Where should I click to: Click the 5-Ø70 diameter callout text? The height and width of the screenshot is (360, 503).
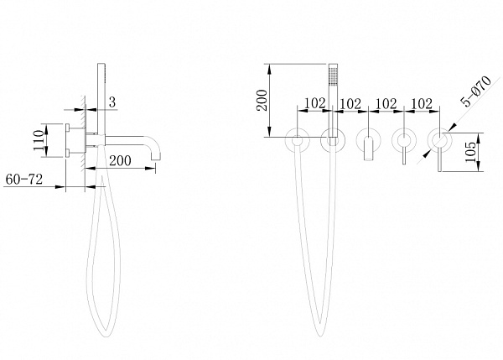coord(476,91)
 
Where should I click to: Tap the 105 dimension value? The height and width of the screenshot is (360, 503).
coord(470,152)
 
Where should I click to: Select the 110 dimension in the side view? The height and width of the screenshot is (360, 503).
coord(39,140)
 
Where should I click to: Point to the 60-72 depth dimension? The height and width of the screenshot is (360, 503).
coord(24,180)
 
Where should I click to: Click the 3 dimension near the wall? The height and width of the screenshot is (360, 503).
coord(112,102)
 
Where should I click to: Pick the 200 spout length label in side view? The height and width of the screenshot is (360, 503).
coord(120,160)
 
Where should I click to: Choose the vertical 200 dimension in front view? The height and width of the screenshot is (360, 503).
coord(262,100)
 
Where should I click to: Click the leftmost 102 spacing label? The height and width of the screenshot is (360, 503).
coord(314,103)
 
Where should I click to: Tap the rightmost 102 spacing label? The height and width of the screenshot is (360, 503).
coord(422,103)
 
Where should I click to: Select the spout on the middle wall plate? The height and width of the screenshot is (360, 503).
coord(369,149)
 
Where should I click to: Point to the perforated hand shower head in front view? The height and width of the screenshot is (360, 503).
coord(334,75)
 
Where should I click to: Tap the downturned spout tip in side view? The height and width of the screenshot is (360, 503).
coord(157,159)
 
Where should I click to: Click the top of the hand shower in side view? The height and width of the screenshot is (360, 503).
coord(101,64)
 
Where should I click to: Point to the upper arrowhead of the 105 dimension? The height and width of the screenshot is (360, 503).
coord(479,136)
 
